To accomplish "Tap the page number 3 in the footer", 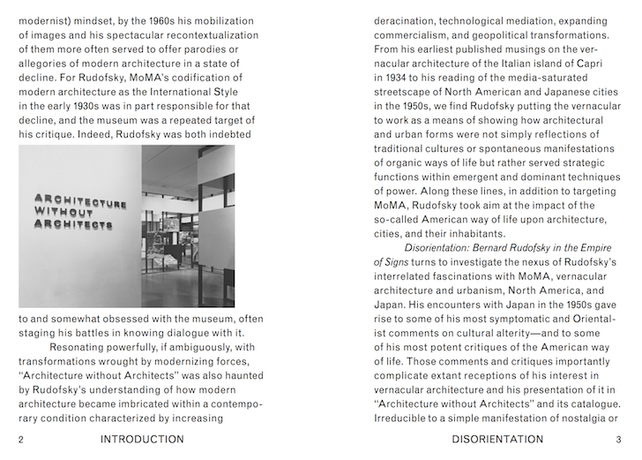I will coord(619,439).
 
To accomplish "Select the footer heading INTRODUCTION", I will coord(142,439).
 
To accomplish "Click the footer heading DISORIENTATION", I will coord(497,439).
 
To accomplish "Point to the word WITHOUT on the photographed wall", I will coord(63,213).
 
